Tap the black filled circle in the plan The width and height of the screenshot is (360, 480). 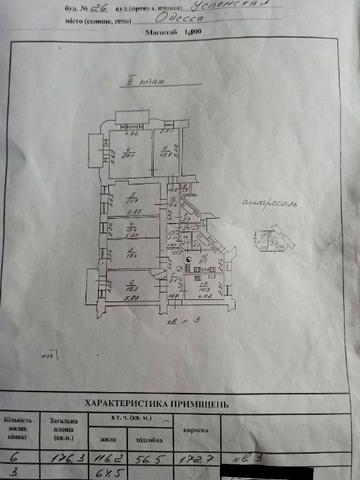point(185,257)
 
